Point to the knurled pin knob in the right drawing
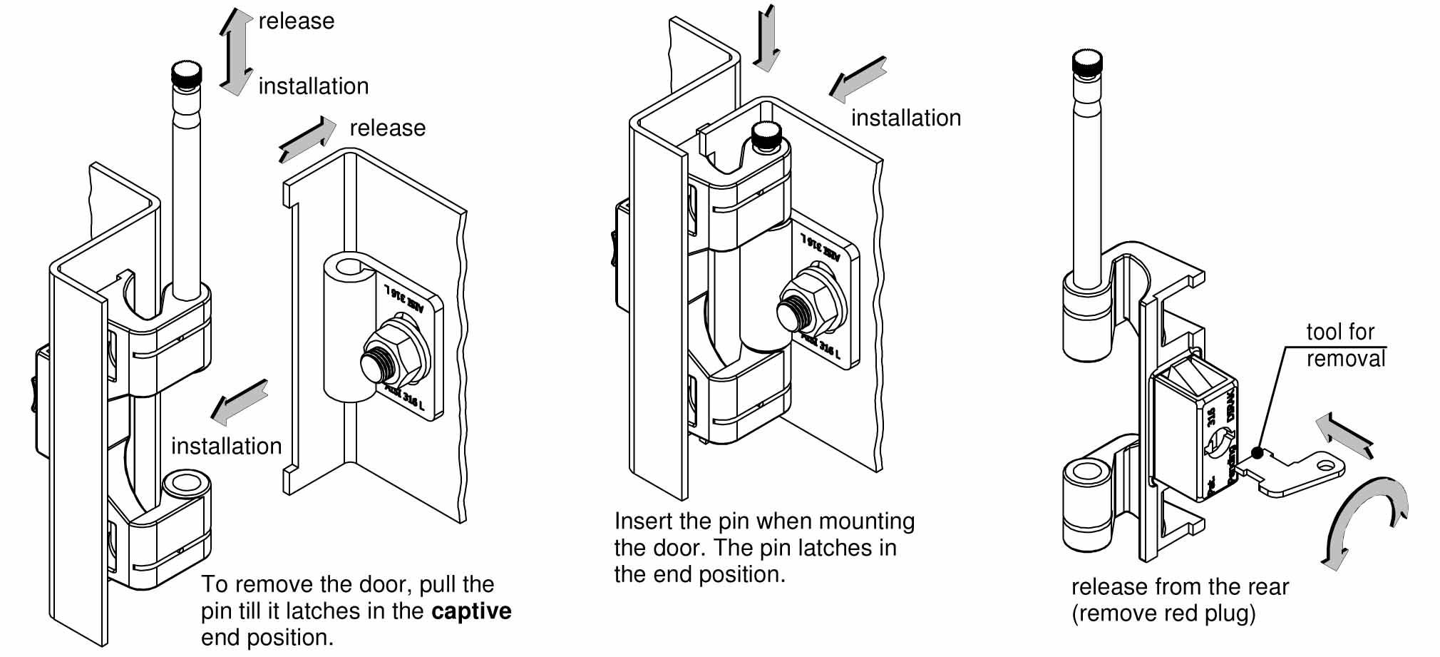coord(1087,65)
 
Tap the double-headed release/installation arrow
coord(235,52)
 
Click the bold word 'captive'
coord(471,611)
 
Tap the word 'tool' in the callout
coord(1324,332)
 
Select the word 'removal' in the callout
coord(1345,358)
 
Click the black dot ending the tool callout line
coord(1258,453)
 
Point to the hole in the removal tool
coord(1325,465)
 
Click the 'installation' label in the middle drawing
coord(905,118)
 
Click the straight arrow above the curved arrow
coord(1344,434)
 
